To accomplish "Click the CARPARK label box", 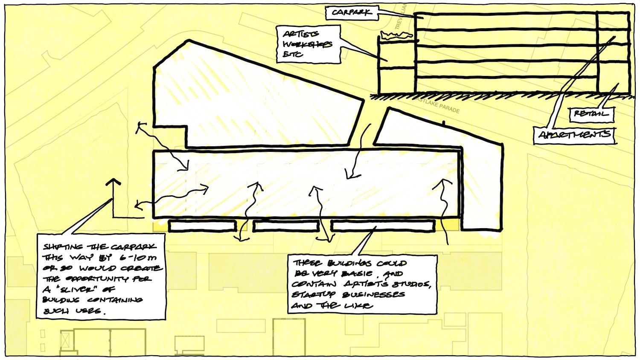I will click(x=352, y=12).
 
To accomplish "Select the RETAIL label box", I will click(x=591, y=114).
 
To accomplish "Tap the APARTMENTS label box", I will click(x=575, y=135).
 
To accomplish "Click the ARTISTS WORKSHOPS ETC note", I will click(x=308, y=44).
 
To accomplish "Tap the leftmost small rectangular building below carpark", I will click(x=202, y=226).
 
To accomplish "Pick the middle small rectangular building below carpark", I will click(x=286, y=226).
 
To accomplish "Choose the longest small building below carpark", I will click(x=383, y=226).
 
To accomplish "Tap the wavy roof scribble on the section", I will click(x=396, y=36).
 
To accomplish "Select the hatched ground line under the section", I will click(x=499, y=97).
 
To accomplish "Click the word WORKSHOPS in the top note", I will click(x=307, y=44).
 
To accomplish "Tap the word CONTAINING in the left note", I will click(x=115, y=300).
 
